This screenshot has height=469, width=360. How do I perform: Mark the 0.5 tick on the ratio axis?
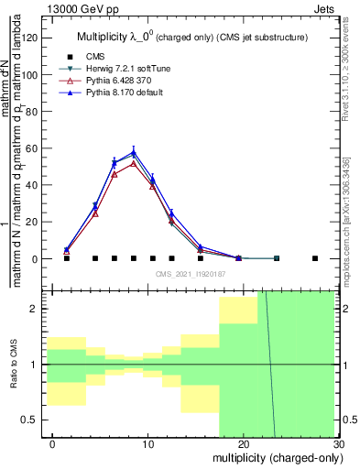point(33,420)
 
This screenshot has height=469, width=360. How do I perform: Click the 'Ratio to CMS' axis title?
point(13,365)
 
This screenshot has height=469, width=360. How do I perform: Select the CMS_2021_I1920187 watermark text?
point(189,274)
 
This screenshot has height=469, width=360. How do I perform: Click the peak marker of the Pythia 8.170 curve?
point(134,153)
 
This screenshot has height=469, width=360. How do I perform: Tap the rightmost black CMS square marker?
point(315,258)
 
